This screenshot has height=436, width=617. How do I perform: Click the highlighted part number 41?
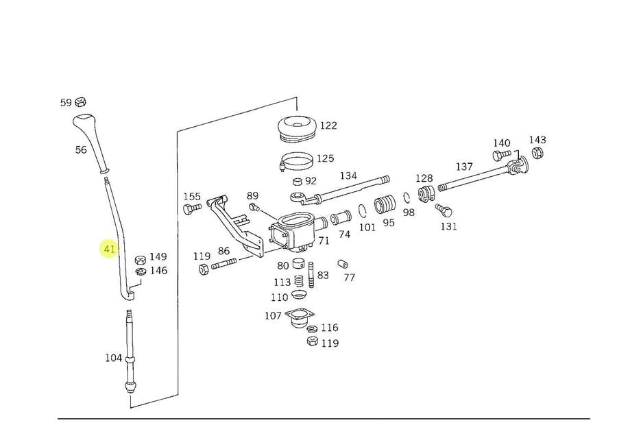109,249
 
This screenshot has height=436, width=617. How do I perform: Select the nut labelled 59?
80,102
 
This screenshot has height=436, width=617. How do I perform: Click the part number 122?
328,125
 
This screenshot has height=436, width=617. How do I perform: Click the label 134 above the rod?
348,176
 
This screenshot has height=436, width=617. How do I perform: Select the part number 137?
464,167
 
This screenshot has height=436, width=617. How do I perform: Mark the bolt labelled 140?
498,156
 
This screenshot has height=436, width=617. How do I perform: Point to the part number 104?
113,358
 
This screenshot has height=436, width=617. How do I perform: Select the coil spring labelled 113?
298,281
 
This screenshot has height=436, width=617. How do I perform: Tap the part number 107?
273,315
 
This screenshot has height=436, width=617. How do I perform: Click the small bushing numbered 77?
343,264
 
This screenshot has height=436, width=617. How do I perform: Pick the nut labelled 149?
140,259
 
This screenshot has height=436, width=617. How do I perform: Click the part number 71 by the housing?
324,241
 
